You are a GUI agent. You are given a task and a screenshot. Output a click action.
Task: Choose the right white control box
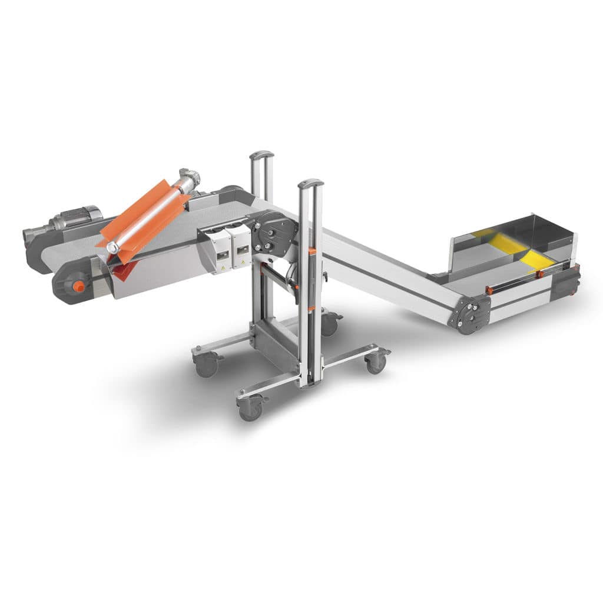pyautogui.click(x=241, y=247)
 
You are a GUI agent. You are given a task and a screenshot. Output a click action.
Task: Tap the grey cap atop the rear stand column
pyautogui.click(x=262, y=156)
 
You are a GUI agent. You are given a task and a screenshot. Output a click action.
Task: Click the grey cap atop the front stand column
pyautogui.click(x=310, y=184)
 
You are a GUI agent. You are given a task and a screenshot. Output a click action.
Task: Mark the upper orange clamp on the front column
pyautogui.click(x=312, y=251)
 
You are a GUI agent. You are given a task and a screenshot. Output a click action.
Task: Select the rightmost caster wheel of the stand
pyautogui.click(x=376, y=362)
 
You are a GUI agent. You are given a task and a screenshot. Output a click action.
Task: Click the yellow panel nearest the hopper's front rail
pyautogui.click(x=538, y=259)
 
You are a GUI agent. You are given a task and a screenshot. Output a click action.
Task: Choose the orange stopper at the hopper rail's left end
pyautogui.click(x=489, y=290)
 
